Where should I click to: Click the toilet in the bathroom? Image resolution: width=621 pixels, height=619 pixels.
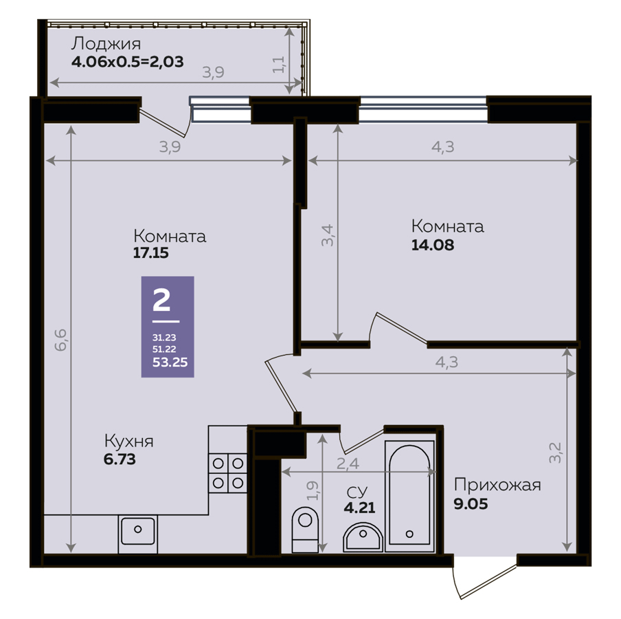coord(305,529)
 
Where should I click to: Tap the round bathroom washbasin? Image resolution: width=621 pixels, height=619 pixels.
coord(363,537)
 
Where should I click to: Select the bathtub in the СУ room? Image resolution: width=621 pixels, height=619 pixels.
coord(409,496)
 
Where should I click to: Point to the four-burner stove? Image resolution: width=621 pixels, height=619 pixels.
coord(228,473)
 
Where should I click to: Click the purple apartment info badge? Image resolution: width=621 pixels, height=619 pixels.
coord(168,327)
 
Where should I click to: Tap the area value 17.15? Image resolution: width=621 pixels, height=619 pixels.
coord(150,253)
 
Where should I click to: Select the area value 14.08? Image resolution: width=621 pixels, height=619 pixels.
coord(433,245)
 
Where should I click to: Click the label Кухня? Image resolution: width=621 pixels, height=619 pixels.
coord(128,441)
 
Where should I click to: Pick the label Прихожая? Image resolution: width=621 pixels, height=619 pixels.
coord(497,485)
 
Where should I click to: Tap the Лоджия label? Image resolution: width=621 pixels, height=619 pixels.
coord(106,43)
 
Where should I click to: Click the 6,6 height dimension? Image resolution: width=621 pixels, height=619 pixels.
coord(60,340)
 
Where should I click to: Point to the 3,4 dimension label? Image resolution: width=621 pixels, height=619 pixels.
coord(328,235)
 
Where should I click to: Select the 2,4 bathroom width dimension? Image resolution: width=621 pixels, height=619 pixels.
coord(348,463)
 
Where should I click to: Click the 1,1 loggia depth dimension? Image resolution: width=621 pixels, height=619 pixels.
coord(279,64)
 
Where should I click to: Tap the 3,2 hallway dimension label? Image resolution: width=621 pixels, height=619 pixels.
coord(555,453)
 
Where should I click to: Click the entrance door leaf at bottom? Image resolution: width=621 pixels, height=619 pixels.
coord(488,582)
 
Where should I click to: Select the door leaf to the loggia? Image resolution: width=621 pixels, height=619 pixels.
coord(164,122)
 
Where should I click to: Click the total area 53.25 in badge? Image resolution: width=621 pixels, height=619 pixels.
coord(170,362)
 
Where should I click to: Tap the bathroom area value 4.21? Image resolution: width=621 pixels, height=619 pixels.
coord(359,508)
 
